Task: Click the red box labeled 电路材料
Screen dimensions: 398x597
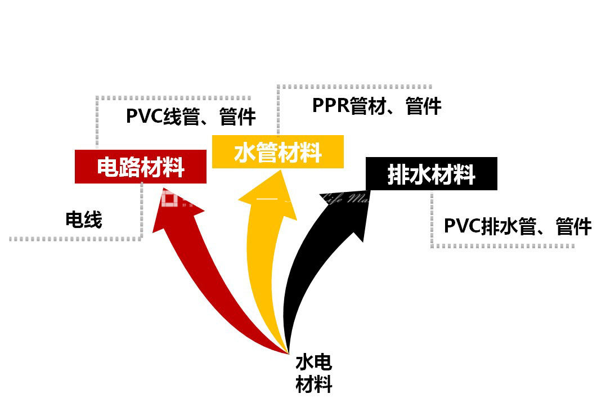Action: tap(141, 167)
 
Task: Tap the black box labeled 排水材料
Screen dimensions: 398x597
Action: tap(432, 174)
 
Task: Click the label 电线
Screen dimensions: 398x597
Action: tap(84, 220)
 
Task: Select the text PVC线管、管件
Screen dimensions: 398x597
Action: tap(191, 117)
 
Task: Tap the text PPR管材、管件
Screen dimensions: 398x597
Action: tap(376, 106)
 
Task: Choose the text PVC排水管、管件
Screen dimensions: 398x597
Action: tap(518, 226)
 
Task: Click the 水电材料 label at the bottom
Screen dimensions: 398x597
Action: tap(313, 373)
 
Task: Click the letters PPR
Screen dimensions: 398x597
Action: tap(330, 106)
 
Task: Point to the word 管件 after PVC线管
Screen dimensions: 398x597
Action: tap(238, 117)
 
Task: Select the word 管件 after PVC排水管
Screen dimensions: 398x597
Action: tap(573, 226)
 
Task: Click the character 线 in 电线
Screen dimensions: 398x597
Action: tap(93, 220)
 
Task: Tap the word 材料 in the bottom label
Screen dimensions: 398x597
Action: tap(313, 384)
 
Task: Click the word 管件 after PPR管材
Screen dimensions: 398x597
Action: tap(423, 106)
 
